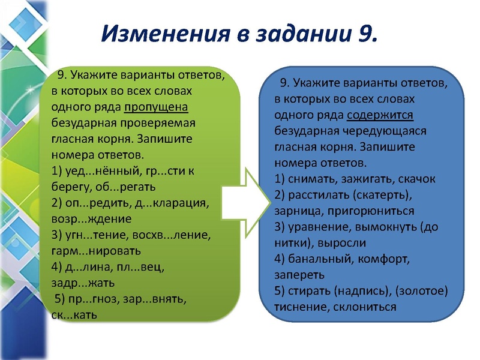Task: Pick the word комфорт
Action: point(387,259)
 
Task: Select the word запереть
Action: point(299,275)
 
